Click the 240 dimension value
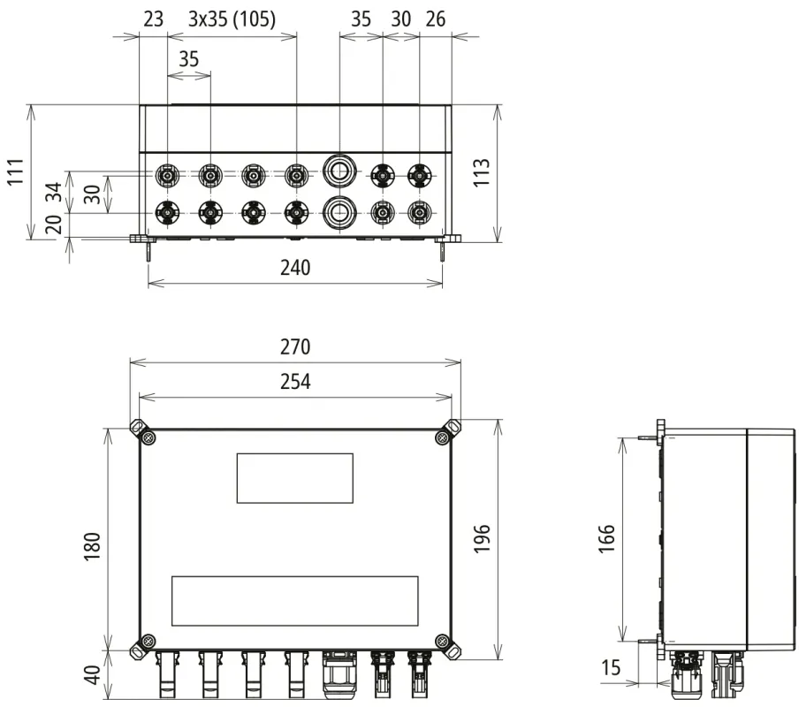pos(295,268)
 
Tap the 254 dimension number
pos(295,382)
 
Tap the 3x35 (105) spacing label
pos(232,19)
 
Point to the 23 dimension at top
pos(153,19)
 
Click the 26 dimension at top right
pos(437,19)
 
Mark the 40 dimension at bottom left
pos(92,676)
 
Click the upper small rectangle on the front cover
pos(294,478)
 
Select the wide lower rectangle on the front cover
pos(294,601)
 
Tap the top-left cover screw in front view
pos(148,437)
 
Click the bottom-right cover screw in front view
pos(441,640)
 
